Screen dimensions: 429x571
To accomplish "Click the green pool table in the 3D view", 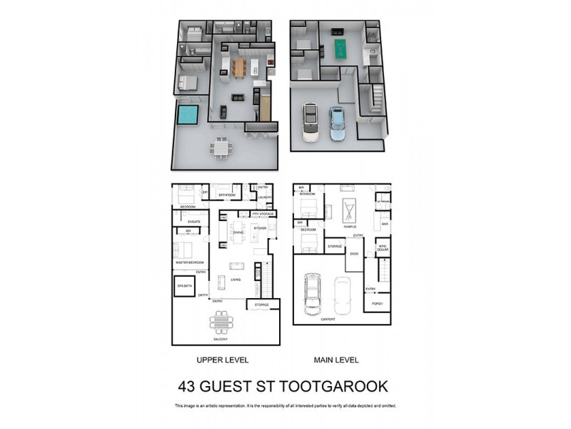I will tap(339, 49).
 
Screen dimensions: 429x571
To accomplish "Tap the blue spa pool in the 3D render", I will tap(188, 114).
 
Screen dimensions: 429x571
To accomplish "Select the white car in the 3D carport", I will tap(311, 122).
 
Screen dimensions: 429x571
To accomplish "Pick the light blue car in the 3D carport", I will tap(336, 124).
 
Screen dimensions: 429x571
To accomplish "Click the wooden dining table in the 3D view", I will tap(238, 67).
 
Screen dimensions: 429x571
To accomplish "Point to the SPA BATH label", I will tap(184, 285).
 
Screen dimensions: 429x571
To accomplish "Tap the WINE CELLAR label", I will tap(383, 247).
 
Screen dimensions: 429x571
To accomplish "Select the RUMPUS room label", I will tap(349, 226).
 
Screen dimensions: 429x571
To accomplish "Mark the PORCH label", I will tap(378, 303).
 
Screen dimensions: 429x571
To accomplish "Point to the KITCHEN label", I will tap(260, 228).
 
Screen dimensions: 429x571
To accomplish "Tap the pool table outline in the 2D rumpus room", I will tap(349, 210).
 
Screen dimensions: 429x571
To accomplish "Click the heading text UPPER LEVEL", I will tap(221, 360).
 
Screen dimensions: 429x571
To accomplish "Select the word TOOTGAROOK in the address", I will tap(335, 386).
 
